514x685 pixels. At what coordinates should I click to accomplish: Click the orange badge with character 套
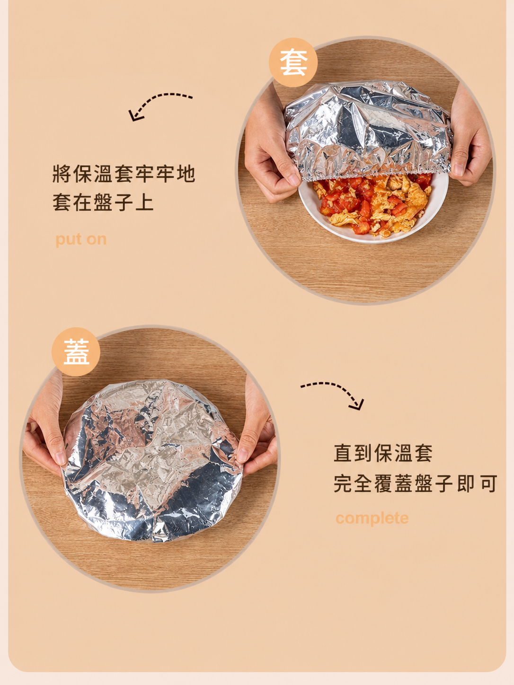click(x=293, y=62)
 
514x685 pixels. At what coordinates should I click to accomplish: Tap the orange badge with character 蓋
click(x=76, y=351)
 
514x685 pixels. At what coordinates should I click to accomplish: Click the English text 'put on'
click(x=81, y=239)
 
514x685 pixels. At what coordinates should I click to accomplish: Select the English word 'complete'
click(x=372, y=518)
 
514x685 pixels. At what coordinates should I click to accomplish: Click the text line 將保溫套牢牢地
click(x=124, y=174)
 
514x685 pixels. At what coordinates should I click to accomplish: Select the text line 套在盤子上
click(x=103, y=202)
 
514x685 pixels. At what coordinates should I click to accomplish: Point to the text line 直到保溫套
click(x=383, y=453)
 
